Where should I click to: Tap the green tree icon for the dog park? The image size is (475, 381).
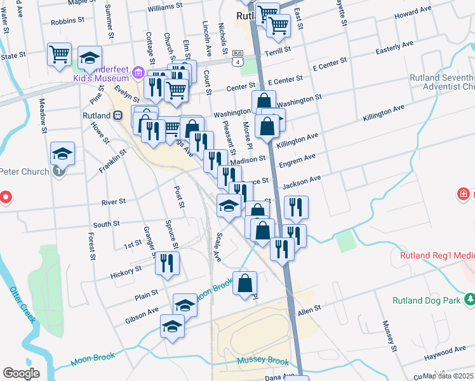coord(469,298)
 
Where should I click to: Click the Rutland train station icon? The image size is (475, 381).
coord(117,116)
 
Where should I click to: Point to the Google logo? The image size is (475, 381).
coord(21,373)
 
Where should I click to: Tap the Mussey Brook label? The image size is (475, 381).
coord(263,361)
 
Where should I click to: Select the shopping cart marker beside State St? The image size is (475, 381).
coord(59,54)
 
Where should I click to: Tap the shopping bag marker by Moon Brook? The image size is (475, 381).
coord(245,283)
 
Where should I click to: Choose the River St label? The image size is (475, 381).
coord(114,202)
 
